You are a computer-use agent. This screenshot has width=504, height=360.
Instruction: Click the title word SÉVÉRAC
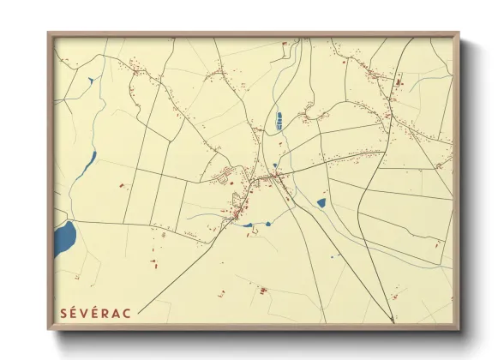coord(95,312)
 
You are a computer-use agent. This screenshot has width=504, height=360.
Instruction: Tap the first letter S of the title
coord(63,312)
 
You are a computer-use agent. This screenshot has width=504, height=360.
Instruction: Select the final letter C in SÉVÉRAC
coord(127,312)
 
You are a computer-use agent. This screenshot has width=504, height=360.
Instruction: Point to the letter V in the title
coord(85,312)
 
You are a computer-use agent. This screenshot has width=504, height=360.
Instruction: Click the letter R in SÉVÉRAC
coord(105,312)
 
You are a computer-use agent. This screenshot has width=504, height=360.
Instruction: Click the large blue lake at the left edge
coord(64,238)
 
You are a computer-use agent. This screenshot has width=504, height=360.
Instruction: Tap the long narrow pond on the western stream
coord(83,171)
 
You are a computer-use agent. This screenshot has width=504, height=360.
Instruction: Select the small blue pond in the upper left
coord(90,81)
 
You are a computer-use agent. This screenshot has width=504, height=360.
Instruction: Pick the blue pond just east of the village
coord(321,203)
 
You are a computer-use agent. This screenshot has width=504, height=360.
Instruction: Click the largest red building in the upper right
coord(399,82)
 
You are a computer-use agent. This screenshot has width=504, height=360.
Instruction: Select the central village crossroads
coord(273,177)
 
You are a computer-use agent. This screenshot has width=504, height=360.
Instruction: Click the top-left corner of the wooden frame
coord(48,33)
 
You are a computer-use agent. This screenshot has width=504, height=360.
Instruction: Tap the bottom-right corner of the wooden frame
coord(459,330)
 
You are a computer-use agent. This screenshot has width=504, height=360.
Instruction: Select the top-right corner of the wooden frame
coord(459,33)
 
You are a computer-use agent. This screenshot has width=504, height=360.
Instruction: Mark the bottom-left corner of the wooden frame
coord(48,330)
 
